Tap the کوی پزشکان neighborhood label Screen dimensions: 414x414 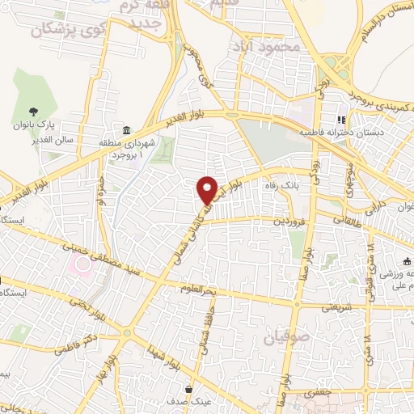[x=70, y=30]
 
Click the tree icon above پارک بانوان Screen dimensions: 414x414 [x=33, y=112]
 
